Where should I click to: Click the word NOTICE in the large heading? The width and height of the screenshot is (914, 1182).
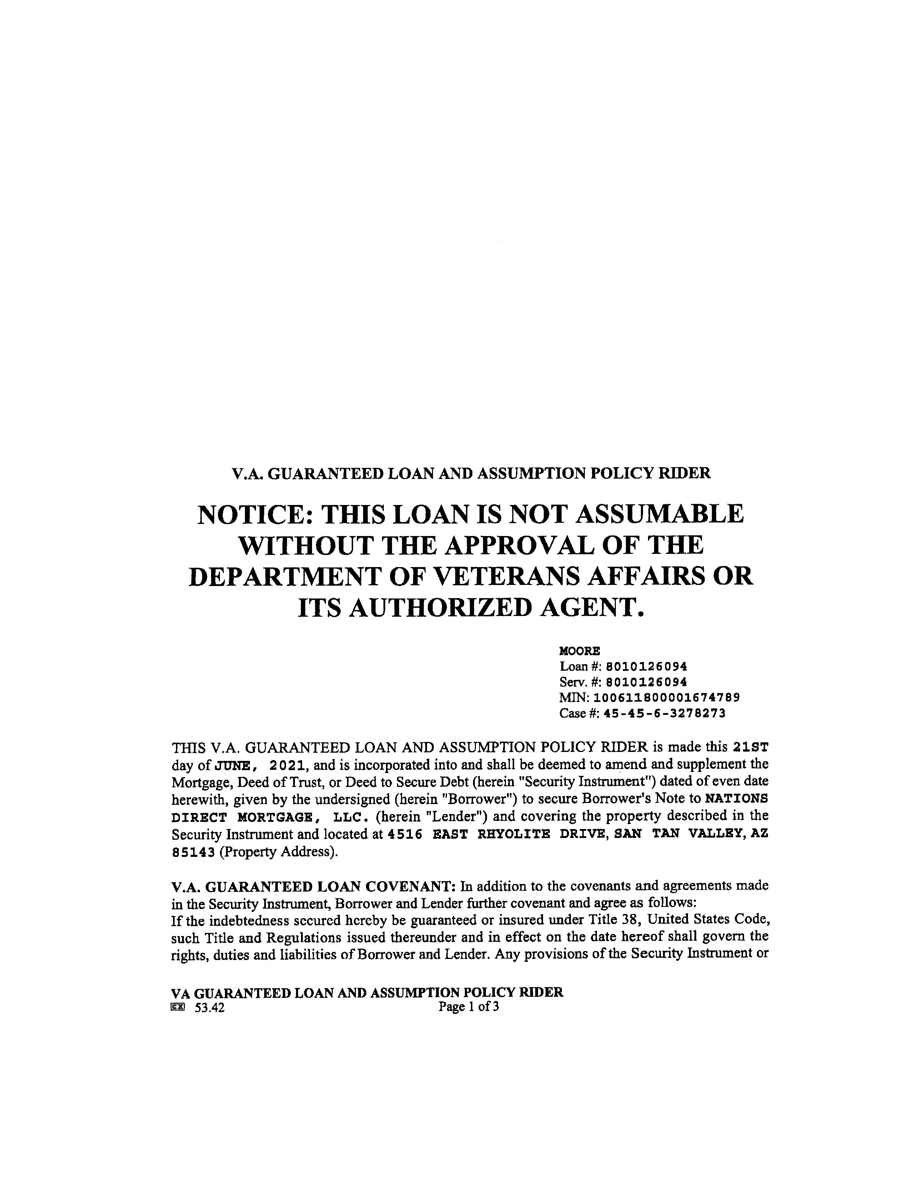pyautogui.click(x=252, y=514)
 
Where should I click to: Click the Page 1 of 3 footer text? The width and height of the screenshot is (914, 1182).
pyautogui.click(x=469, y=1007)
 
